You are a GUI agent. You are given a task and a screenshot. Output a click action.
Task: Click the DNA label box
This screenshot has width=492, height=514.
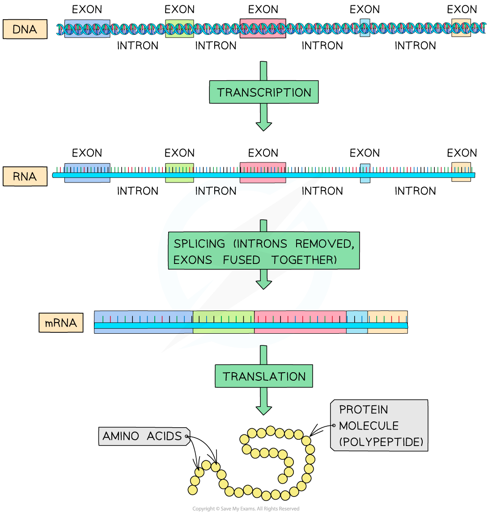coord(25,30)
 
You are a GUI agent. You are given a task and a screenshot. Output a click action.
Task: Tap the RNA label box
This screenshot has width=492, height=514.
coord(25,176)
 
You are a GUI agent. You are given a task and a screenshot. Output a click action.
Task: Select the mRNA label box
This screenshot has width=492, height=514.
coord(61,323)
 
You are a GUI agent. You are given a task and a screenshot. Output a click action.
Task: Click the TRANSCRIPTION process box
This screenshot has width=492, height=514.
coord(264,92)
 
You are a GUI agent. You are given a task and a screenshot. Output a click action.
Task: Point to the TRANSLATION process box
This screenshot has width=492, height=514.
coord(264,376)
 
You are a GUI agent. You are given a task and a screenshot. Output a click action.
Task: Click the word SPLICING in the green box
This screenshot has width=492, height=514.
coord(199,244)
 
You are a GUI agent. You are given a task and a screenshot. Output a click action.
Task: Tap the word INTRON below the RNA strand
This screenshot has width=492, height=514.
coord(216,191)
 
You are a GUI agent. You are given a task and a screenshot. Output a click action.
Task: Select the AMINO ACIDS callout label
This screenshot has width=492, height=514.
coord(143,436)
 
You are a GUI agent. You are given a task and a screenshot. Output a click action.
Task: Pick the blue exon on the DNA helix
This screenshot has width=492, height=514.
coord(87,29)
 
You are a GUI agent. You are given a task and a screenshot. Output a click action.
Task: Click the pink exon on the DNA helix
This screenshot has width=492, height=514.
coord(263,29)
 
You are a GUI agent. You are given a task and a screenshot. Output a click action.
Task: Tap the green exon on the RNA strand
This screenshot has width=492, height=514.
coord(179,173)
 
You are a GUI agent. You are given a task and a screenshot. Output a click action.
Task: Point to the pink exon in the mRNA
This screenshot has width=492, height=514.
coord(300,322)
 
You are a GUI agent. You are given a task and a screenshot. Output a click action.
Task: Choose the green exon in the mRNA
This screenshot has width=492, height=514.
coord(224,322)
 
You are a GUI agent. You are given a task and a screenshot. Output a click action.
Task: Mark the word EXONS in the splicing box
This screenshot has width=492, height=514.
coord(193,260)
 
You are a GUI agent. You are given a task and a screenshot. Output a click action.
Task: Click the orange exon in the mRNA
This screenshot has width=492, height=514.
coord(387,322)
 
